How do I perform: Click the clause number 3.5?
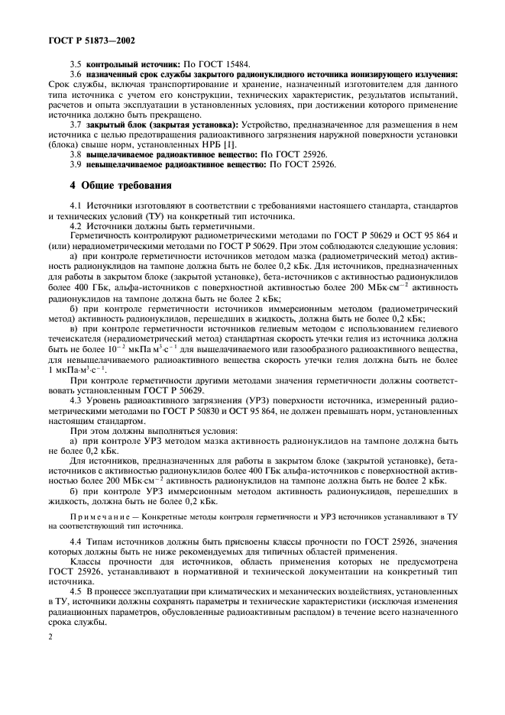pyautogui.click(x=76, y=66)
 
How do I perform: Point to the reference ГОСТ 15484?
pyautogui.click(x=234, y=66)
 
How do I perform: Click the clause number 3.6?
pyautogui.click(x=76, y=75)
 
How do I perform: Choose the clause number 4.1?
pyautogui.click(x=76, y=206)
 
